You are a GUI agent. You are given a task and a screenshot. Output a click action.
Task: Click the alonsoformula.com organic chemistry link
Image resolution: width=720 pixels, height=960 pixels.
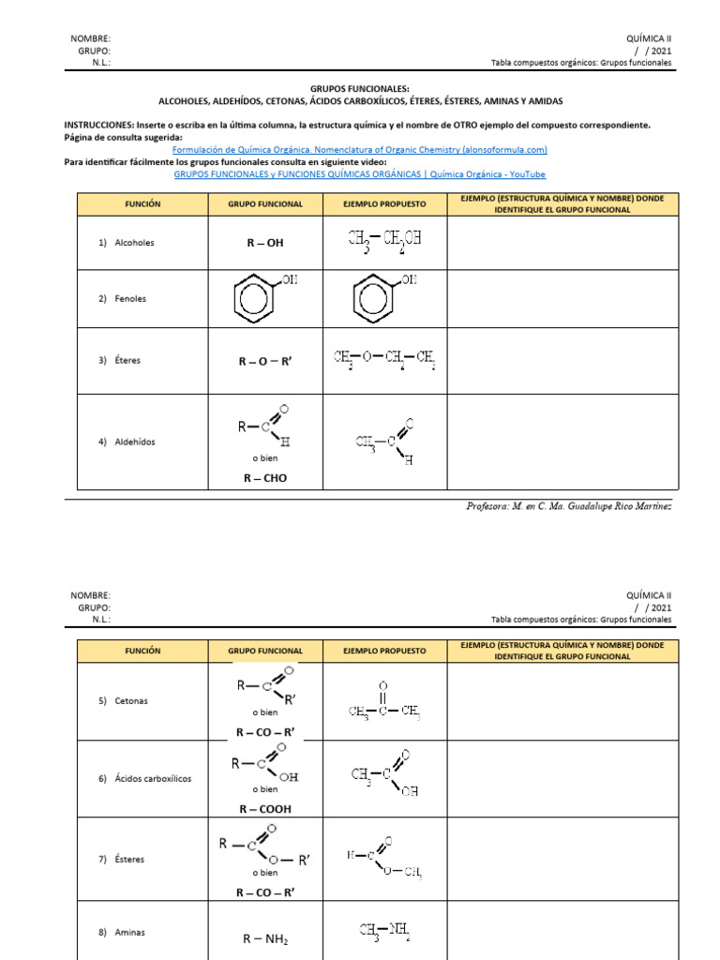click(360, 149)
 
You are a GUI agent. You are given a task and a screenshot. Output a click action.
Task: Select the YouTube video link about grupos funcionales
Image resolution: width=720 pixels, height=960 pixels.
click(360, 173)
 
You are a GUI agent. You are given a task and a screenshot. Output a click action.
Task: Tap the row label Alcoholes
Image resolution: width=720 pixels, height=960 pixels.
click(133, 243)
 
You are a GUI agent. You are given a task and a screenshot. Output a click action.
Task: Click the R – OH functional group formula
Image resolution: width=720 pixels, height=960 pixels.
click(265, 243)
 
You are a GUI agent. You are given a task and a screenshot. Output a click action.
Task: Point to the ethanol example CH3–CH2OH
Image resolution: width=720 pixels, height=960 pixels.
click(384, 239)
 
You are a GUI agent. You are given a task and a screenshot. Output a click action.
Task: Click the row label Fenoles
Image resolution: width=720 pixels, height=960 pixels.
click(129, 299)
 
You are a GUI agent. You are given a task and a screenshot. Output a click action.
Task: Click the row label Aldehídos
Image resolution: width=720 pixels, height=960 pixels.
click(134, 442)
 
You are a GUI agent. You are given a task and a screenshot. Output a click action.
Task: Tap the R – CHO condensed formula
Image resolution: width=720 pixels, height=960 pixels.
click(265, 478)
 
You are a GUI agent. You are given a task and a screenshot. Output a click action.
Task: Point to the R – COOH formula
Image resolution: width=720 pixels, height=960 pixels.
click(265, 809)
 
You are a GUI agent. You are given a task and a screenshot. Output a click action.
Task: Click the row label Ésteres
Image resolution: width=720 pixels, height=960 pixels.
click(129, 859)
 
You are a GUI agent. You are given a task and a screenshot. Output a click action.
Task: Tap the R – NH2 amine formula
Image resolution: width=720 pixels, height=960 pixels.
click(265, 939)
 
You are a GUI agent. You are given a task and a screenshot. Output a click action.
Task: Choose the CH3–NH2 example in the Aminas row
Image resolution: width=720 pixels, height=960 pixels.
click(384, 931)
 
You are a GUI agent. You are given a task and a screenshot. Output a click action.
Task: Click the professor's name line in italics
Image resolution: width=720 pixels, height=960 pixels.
click(569, 506)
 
